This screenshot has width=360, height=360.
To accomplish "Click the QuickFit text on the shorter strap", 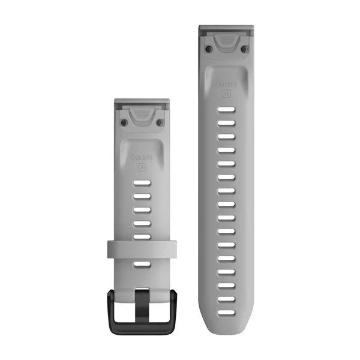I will click(142, 158).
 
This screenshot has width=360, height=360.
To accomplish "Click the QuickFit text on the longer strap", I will click(226, 83).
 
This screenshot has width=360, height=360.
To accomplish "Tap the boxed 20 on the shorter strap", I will click(142, 168).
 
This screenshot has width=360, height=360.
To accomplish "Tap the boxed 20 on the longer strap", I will click(226, 94).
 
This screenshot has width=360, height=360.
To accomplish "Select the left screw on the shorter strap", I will click(124, 122).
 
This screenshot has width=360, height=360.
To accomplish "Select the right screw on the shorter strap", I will click(160, 122).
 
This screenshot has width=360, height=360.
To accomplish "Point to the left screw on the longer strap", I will click(208, 48).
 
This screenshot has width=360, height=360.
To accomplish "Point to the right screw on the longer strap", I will click(245, 48).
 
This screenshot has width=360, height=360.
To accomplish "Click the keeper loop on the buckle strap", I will click(142, 250).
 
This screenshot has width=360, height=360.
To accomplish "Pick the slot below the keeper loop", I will click(142, 264).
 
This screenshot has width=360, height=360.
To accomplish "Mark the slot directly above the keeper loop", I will click(142, 236).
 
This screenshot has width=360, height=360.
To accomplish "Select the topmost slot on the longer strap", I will click(226, 110).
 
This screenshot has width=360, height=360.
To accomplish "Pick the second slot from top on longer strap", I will click(226, 123).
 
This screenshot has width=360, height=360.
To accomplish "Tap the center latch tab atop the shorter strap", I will click(142, 112).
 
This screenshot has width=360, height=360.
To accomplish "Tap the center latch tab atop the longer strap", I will click(226, 39).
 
